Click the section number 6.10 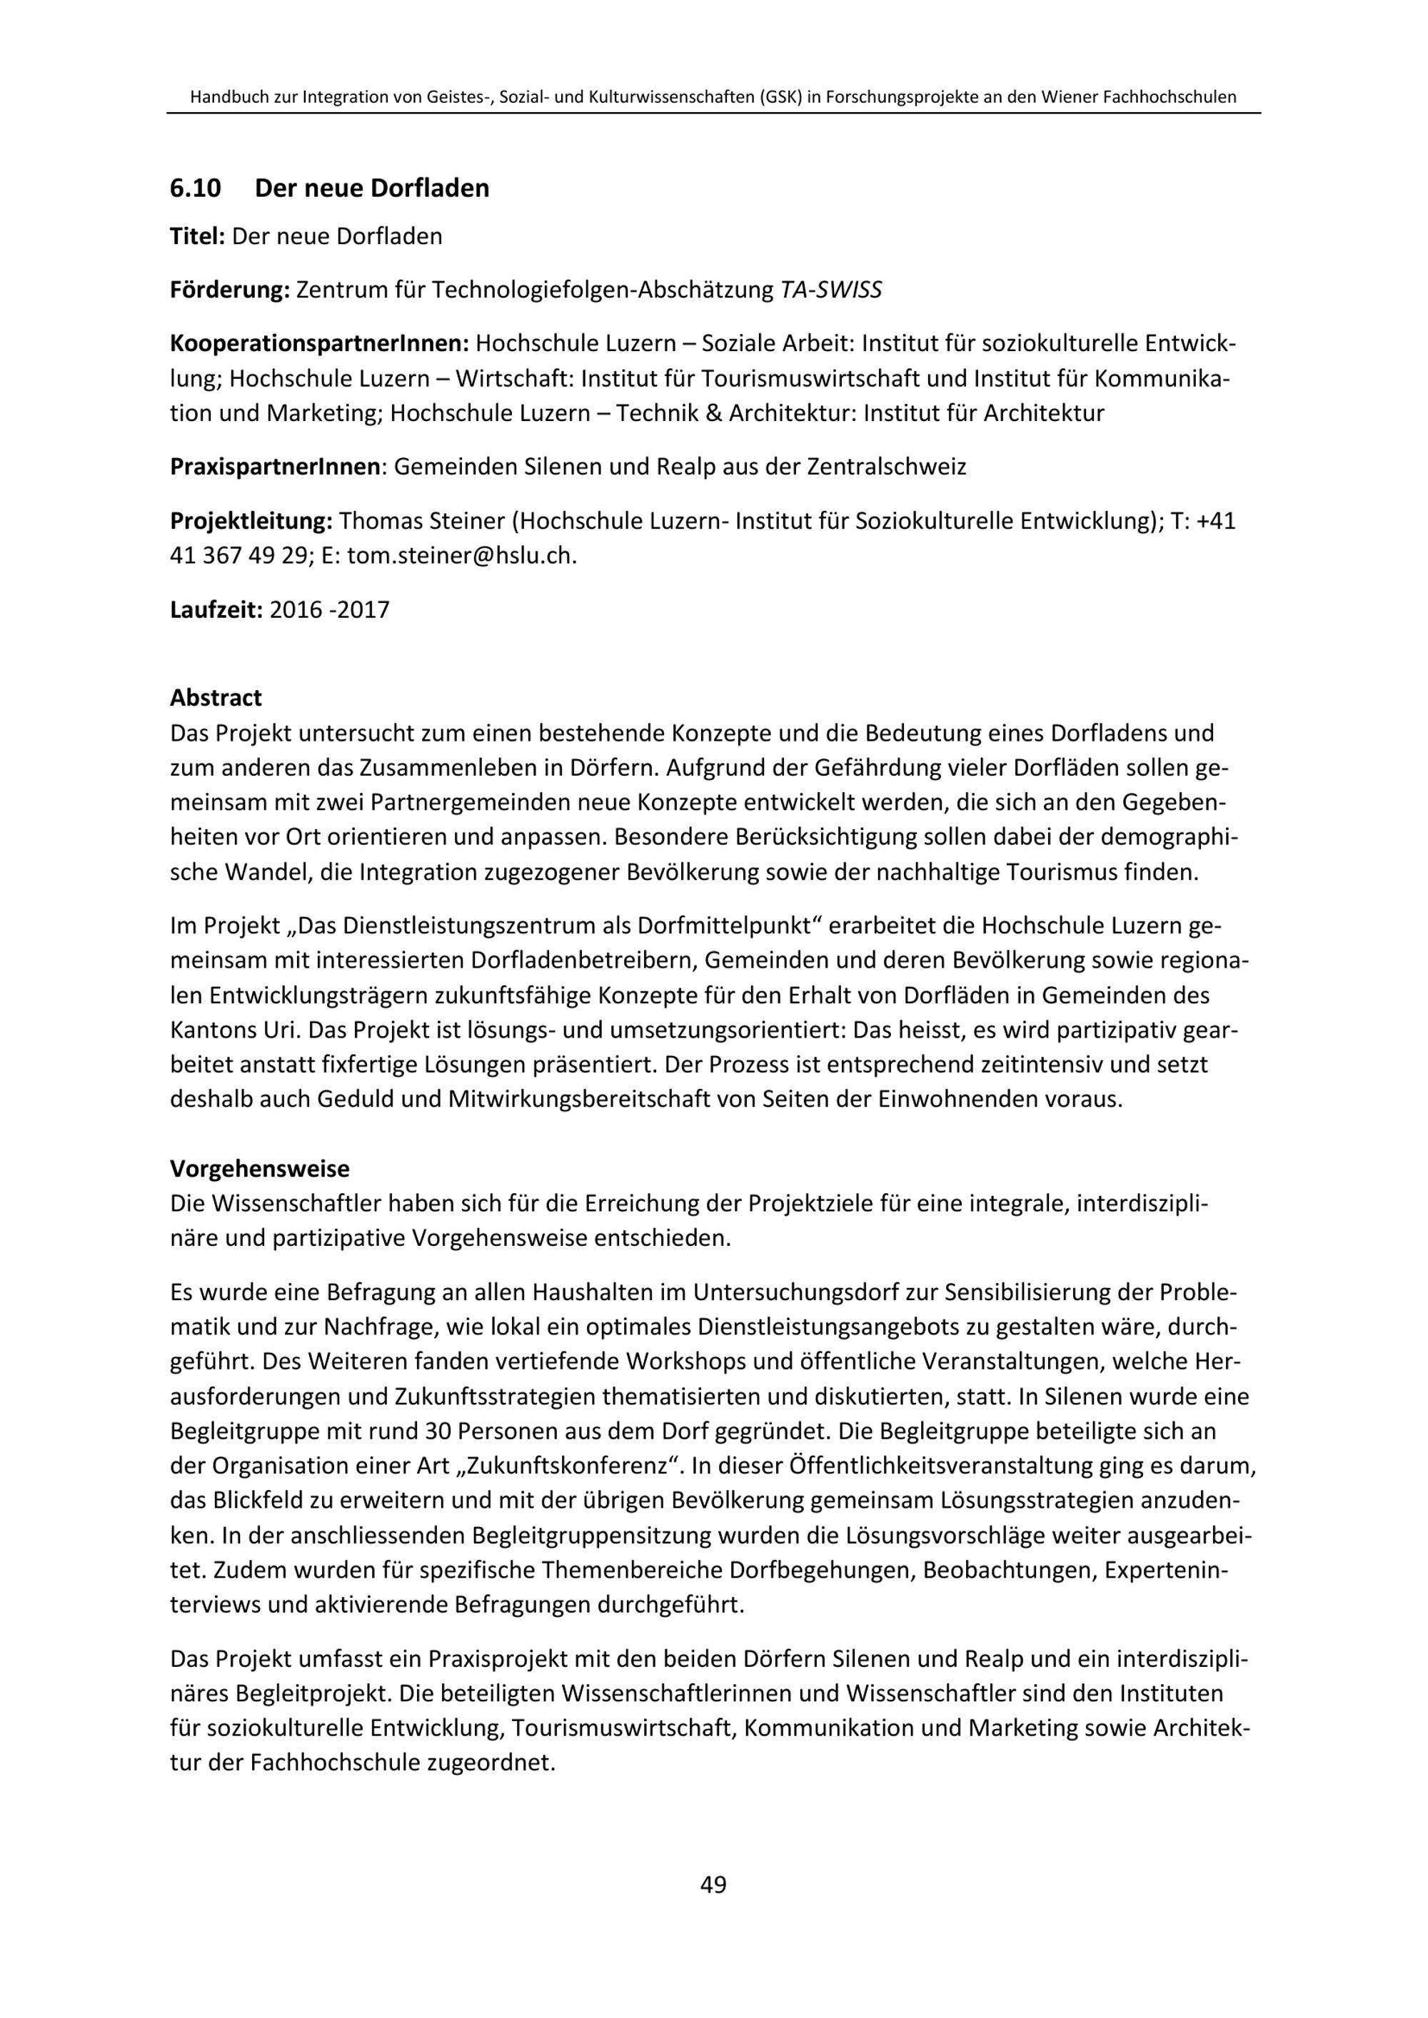(x=195, y=188)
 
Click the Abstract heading (x=216, y=698)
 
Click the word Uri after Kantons (x=280, y=1031)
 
